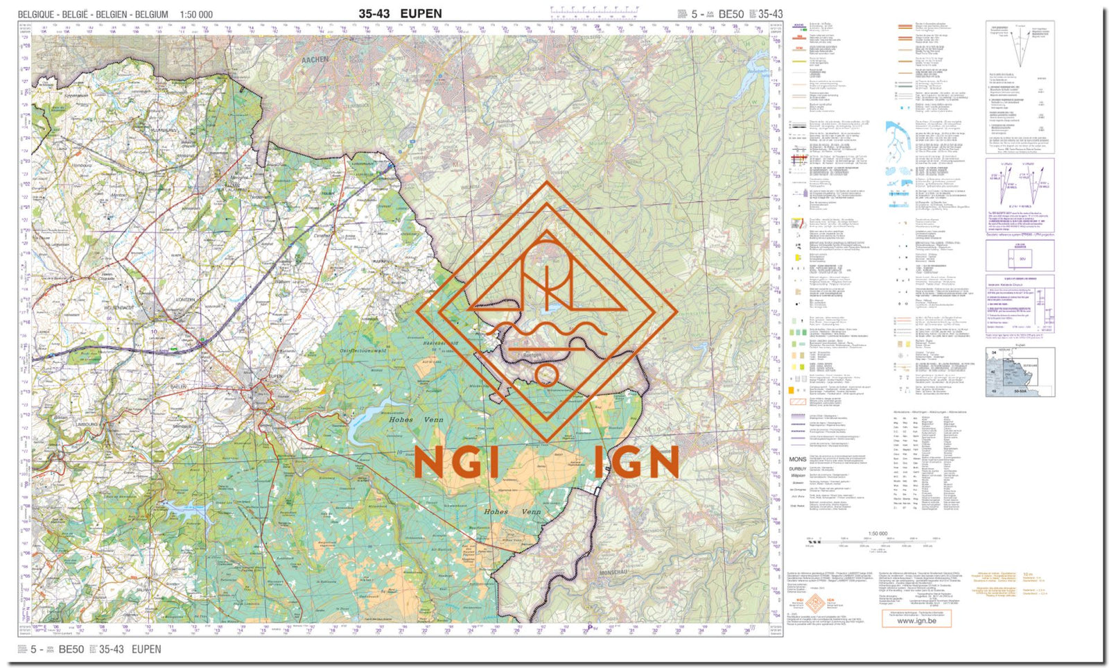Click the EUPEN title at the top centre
coord(421,13)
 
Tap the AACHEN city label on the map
coord(315,60)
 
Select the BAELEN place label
coord(180,386)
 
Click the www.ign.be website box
coord(916,620)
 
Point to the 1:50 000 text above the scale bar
coord(877,533)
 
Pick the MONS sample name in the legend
coord(798,459)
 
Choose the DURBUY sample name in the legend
coord(798,469)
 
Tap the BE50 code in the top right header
coord(731,14)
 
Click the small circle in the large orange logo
coord(547,375)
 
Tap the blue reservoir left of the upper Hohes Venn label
coord(364,422)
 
